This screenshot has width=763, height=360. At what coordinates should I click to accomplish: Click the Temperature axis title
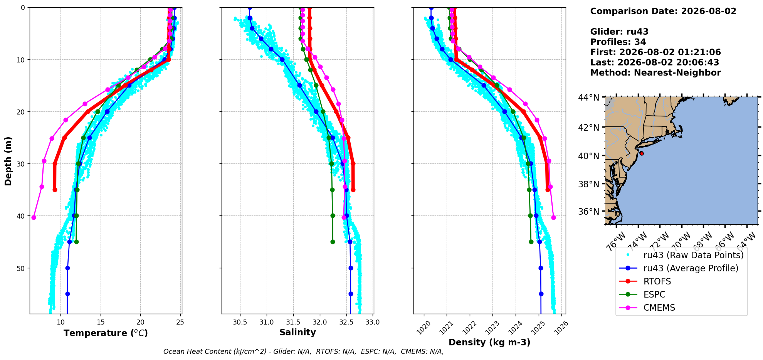click(x=106, y=333)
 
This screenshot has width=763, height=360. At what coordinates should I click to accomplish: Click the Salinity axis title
click(x=297, y=333)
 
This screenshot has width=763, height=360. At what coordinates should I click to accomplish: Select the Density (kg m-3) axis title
click(x=489, y=342)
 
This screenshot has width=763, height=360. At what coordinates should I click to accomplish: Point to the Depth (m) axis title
click(x=8, y=161)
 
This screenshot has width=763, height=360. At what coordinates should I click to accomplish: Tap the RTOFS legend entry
click(x=657, y=281)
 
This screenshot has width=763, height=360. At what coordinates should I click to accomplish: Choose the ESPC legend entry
click(x=654, y=294)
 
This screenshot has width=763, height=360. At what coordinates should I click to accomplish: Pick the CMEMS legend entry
click(x=659, y=308)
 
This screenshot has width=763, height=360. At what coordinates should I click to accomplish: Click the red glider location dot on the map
click(x=641, y=153)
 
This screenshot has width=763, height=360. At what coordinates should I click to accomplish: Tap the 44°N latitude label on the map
click(x=588, y=98)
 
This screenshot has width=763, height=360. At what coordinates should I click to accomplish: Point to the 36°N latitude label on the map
click(x=588, y=212)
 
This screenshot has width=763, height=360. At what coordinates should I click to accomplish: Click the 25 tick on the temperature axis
click(x=180, y=322)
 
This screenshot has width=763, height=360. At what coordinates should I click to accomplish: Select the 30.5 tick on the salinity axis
click(x=240, y=322)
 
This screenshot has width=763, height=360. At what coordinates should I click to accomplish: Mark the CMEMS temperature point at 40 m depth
click(x=34, y=218)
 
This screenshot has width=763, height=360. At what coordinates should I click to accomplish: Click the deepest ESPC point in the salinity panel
click(x=333, y=242)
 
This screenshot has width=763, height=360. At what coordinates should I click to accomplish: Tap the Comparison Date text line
click(x=663, y=11)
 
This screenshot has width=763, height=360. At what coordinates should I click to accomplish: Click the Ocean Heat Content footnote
click(x=303, y=352)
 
